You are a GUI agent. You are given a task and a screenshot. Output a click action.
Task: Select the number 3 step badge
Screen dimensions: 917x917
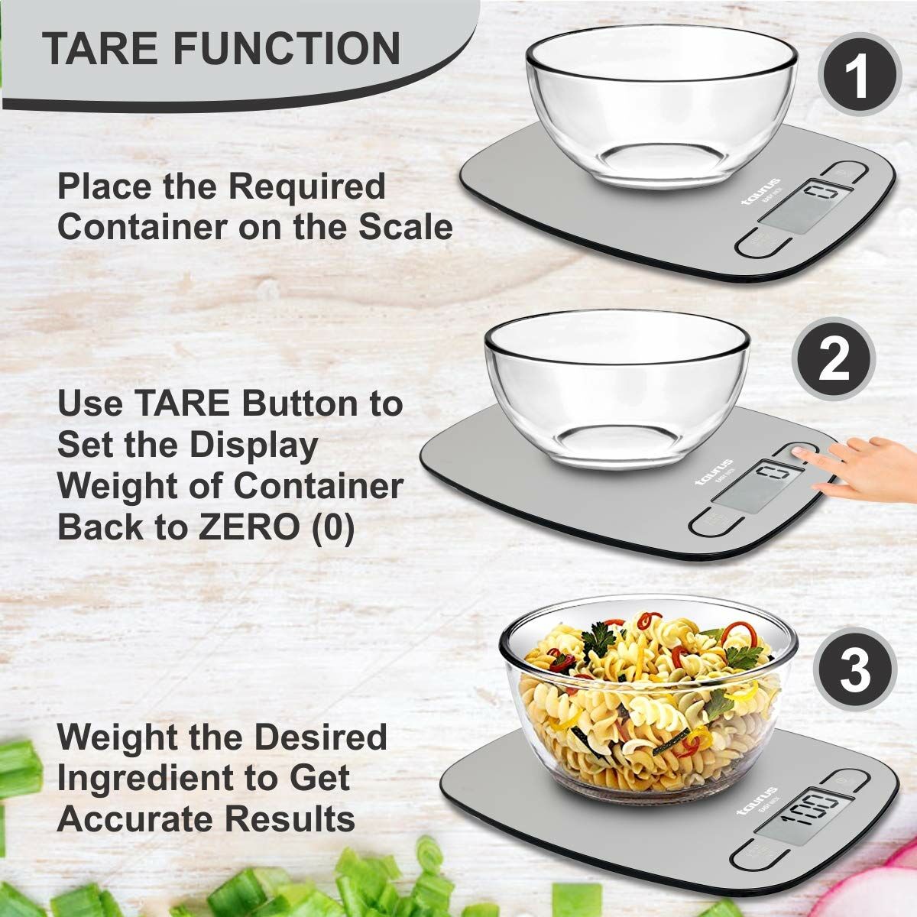[x=854, y=670]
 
